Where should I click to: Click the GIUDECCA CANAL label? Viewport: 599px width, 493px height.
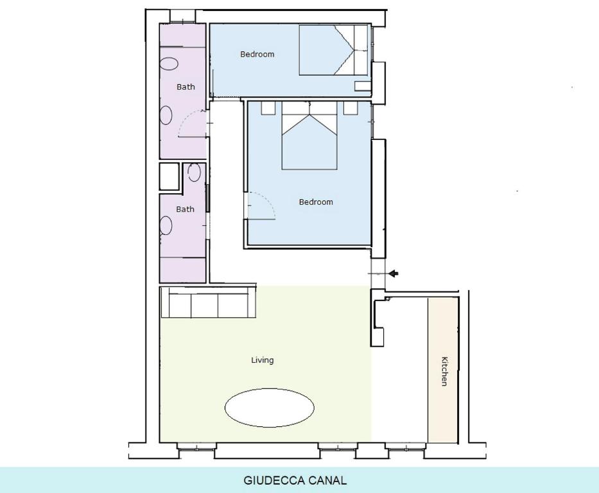click(295, 480)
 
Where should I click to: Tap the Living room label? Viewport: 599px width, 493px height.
click(263, 360)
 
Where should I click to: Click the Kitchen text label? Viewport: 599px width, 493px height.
click(444, 371)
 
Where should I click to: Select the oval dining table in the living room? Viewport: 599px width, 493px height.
click(269, 408)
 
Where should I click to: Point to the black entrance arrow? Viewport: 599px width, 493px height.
click(394, 273)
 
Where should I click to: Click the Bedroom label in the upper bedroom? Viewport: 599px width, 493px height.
click(257, 54)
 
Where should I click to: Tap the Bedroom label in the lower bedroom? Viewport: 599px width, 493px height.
click(316, 202)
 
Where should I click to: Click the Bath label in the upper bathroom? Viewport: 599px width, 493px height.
click(186, 87)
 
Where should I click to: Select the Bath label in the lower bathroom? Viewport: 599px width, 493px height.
click(186, 209)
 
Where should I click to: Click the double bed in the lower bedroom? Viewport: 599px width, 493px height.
click(309, 135)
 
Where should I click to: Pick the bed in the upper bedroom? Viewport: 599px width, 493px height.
click(333, 50)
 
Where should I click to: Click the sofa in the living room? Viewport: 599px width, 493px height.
click(208, 302)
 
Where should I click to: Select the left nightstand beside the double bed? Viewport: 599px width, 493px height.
click(268, 108)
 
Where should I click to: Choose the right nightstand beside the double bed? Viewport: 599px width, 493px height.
click(351, 108)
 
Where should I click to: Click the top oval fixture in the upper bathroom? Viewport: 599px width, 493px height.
click(169, 64)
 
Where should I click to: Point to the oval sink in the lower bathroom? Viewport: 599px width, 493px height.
click(166, 225)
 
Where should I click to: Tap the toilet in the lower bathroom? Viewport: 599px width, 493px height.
click(194, 172)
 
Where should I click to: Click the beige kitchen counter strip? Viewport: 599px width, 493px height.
click(443, 370)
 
